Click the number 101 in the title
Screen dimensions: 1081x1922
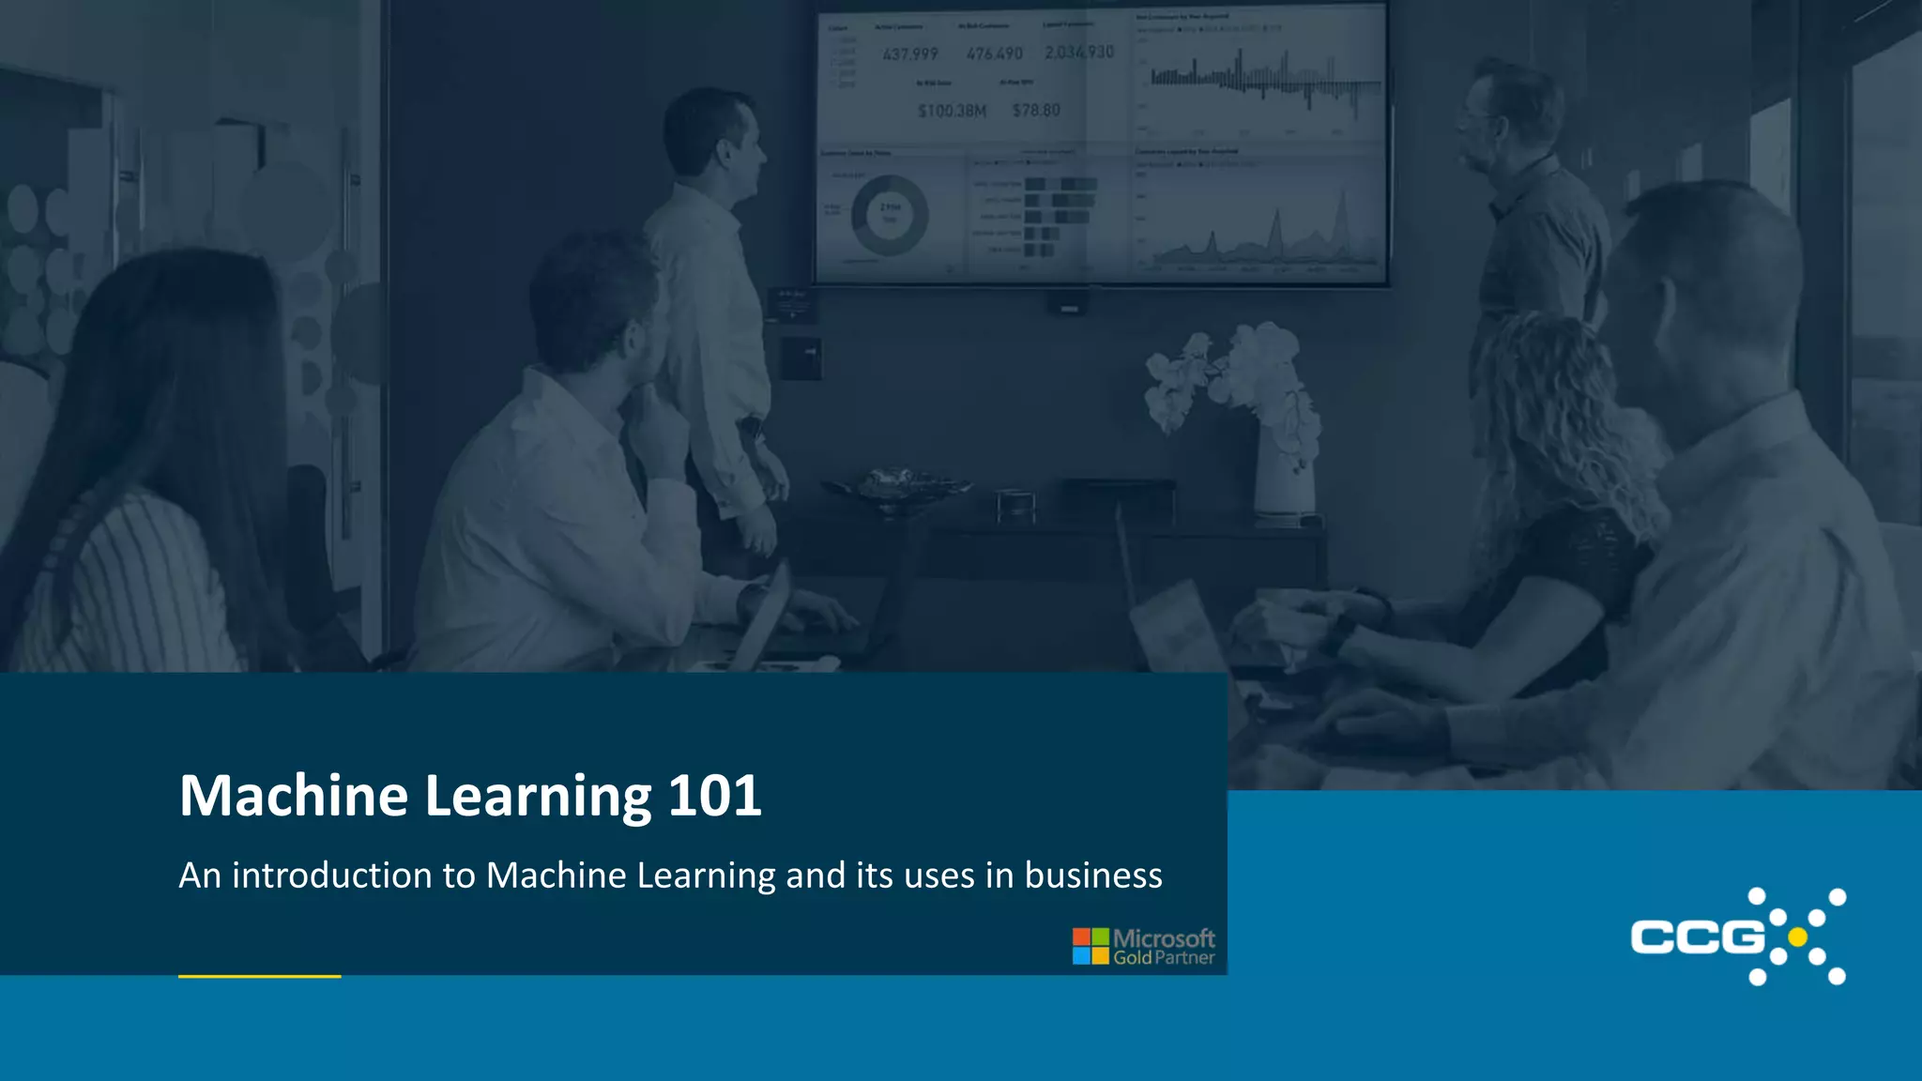[x=714, y=796]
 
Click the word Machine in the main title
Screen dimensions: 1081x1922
[x=293, y=796]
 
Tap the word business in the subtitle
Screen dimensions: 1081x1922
[x=1093, y=875]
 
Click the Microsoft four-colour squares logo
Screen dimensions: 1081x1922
[x=1091, y=946]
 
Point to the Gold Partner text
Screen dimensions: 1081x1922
[x=1164, y=958]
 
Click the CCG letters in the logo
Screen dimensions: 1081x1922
[x=1697, y=936]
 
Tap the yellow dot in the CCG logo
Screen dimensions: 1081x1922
[x=1797, y=936]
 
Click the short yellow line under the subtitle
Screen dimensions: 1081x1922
[x=259, y=977]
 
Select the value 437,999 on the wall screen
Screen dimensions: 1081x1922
[x=909, y=54]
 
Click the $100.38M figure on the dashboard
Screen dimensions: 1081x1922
[x=952, y=111]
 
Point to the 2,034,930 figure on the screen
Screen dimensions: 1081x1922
[x=1079, y=53]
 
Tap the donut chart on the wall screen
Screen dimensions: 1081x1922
[x=889, y=215]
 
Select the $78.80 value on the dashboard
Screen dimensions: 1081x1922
[x=1036, y=111]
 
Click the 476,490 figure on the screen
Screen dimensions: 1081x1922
[x=995, y=54]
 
